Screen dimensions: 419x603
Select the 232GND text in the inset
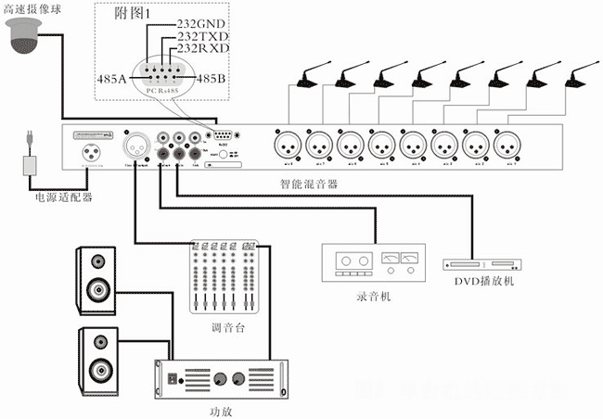tap(201, 20)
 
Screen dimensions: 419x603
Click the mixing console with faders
tap(222, 278)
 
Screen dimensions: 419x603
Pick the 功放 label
tap(219, 408)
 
